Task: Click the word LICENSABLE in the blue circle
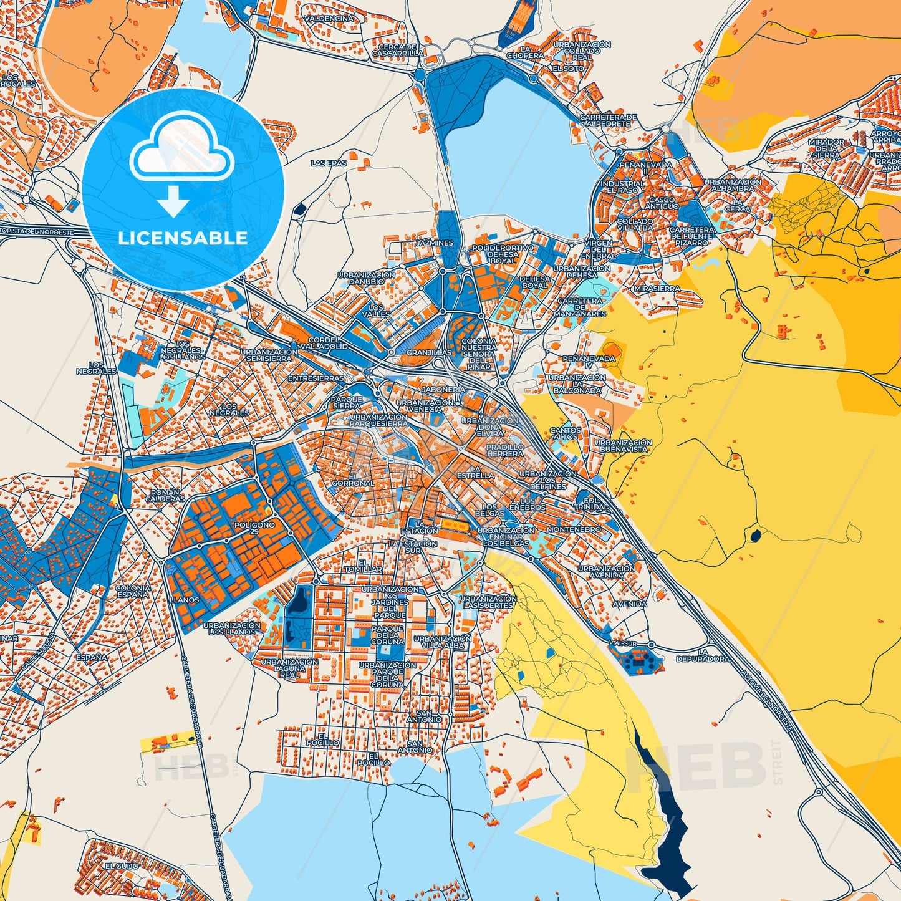point(183,238)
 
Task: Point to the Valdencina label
point(329,19)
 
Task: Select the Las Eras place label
point(329,163)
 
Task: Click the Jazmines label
point(435,243)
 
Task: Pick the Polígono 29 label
point(254,528)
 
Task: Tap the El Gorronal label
point(353,480)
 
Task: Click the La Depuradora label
point(702,655)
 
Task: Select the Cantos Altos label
point(566,433)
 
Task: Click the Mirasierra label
point(657,289)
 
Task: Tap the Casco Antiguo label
point(662,203)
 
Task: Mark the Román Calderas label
point(165,496)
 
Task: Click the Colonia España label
point(133,591)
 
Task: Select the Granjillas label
point(428,353)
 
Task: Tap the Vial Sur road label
point(624,643)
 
